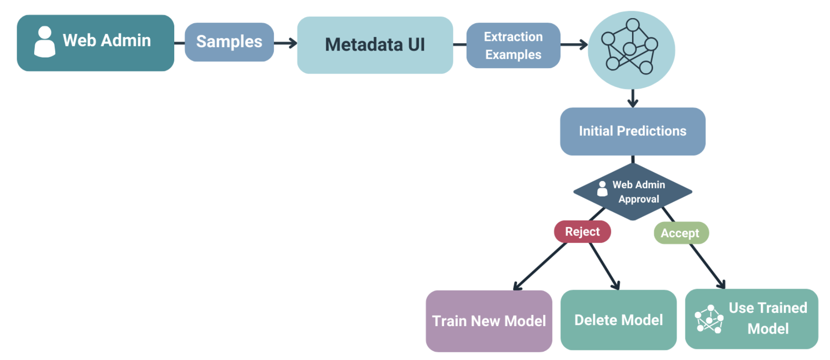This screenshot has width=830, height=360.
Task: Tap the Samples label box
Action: pyautogui.click(x=229, y=42)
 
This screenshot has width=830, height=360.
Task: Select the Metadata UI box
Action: pyautogui.click(x=374, y=45)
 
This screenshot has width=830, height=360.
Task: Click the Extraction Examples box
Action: pyautogui.click(x=513, y=45)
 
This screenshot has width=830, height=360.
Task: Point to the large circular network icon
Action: pyautogui.click(x=631, y=50)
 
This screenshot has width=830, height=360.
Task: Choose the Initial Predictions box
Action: pyautogui.click(x=632, y=131)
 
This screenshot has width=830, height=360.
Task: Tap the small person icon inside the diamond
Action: pyautogui.click(x=602, y=189)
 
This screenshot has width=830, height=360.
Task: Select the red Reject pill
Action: pyautogui.click(x=582, y=232)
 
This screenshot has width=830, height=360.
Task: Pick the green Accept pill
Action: pyautogui.click(x=680, y=233)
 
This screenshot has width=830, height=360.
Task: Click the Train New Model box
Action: pyautogui.click(x=488, y=321)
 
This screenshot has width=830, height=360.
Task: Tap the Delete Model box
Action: pyautogui.click(x=618, y=320)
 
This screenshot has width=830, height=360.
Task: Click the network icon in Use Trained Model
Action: pyautogui.click(x=709, y=319)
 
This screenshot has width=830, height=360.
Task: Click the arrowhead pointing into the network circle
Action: pyautogui.click(x=583, y=45)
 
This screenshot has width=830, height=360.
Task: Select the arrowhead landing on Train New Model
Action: pyautogui.click(x=518, y=286)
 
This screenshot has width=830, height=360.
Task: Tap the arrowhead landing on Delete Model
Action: pyautogui.click(x=616, y=285)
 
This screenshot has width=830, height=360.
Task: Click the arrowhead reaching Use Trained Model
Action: pyautogui.click(x=721, y=284)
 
